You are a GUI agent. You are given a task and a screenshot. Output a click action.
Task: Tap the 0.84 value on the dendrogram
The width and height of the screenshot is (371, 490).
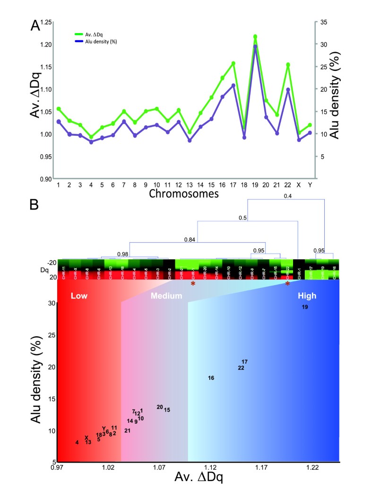[x=190, y=240]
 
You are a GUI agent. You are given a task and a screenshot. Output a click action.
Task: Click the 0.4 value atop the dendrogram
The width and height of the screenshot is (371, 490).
[x=288, y=196]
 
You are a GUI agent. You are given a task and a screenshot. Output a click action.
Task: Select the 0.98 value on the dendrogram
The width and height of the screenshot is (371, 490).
[x=123, y=254]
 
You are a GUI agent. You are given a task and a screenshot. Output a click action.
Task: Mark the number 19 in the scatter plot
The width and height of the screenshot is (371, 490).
[x=305, y=307]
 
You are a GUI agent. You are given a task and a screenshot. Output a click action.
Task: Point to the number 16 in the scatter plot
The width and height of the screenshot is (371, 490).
[x=211, y=378]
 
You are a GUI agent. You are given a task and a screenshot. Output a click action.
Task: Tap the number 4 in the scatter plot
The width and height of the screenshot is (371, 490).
[x=77, y=443]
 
